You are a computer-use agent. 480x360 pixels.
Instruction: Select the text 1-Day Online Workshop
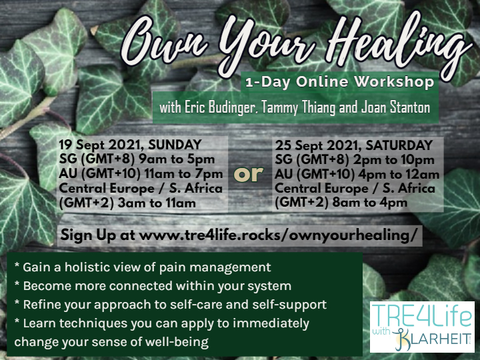pyautogui.click(x=340, y=83)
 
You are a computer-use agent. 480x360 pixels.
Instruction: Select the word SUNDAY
pyautogui.click(x=175, y=145)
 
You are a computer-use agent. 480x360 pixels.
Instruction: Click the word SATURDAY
pyautogui.click(x=399, y=145)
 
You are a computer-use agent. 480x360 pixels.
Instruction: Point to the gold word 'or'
pyautogui.click(x=248, y=174)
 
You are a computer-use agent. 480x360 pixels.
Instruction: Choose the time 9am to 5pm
pyautogui.click(x=177, y=159)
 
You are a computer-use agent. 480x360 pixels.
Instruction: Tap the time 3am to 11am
pyautogui.click(x=157, y=203)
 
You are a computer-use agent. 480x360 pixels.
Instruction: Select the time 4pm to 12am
pyautogui.click(x=399, y=175)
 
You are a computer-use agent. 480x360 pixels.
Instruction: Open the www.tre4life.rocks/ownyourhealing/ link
pyautogui.click(x=278, y=235)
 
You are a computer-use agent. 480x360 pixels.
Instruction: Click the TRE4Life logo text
pyautogui.click(x=422, y=315)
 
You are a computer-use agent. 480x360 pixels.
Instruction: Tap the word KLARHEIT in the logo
pyautogui.click(x=434, y=338)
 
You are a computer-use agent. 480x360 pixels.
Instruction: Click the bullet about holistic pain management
pyautogui.click(x=143, y=267)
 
